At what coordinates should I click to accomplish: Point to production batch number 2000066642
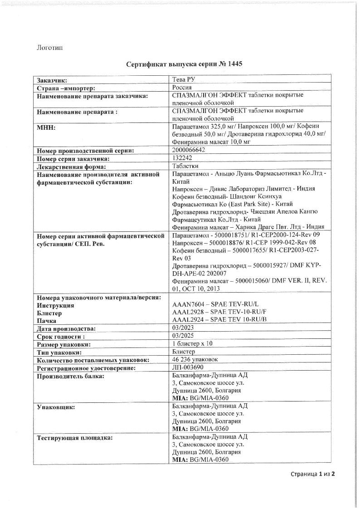click(x=192, y=150)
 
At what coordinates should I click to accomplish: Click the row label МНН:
click(x=46, y=127)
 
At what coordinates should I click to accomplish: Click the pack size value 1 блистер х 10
click(x=192, y=344)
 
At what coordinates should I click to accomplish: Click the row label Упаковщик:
click(x=56, y=407)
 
